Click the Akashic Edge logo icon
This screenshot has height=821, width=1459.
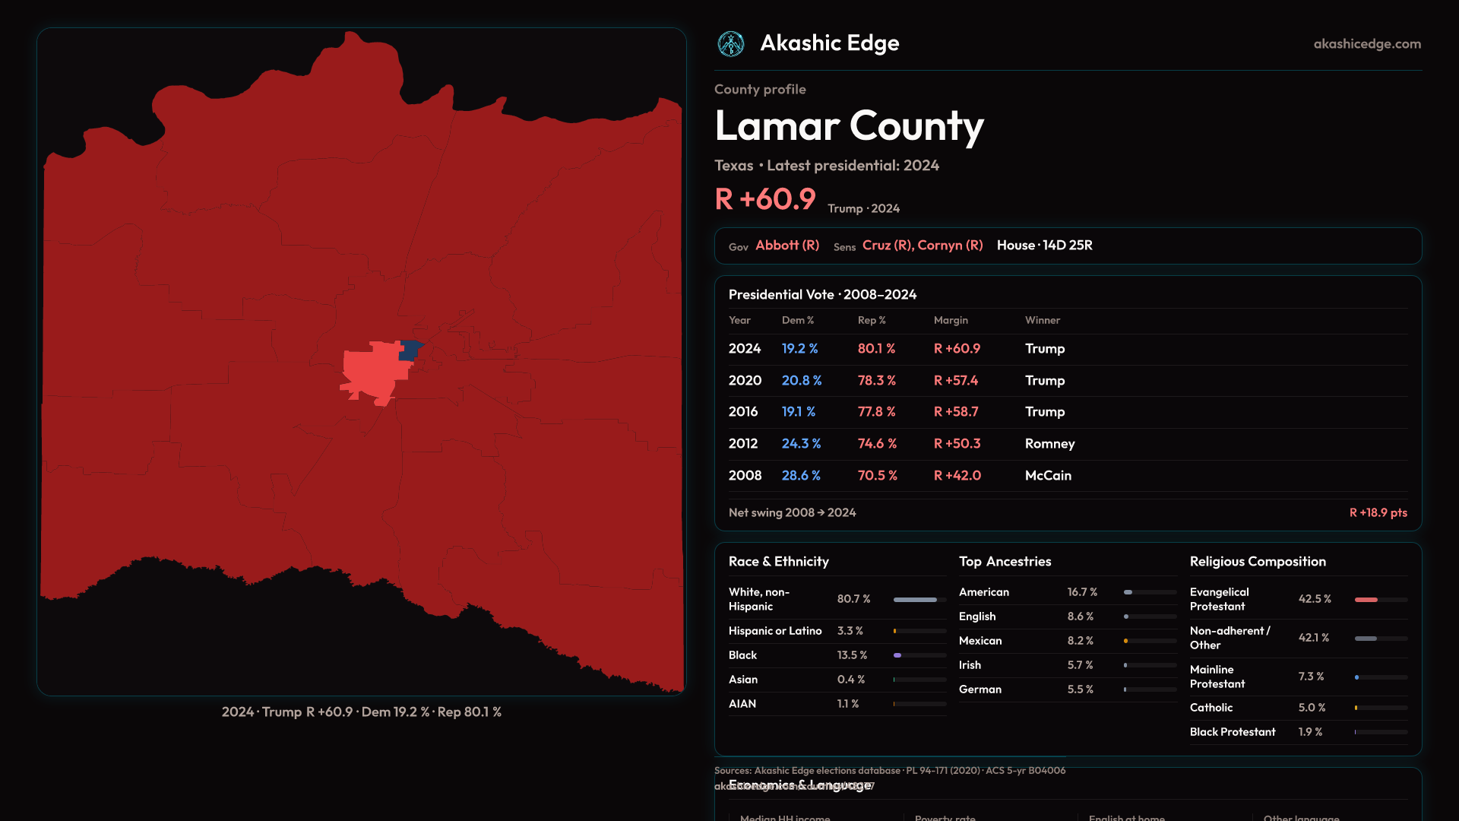[731, 44]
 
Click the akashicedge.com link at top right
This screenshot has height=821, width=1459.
[1367, 44]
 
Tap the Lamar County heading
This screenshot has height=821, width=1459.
[849, 126]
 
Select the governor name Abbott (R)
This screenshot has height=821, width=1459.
[787, 246]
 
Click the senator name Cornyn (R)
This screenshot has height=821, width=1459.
[950, 246]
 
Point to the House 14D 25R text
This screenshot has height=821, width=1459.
[1044, 246]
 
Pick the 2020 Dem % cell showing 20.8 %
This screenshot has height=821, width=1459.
[801, 381]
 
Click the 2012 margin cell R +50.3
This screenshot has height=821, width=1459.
[957, 444]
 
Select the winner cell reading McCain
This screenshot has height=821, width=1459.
[1048, 476]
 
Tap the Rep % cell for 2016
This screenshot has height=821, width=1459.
[876, 412]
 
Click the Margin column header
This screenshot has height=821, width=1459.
[951, 321]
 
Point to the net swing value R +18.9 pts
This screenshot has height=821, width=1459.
[1378, 513]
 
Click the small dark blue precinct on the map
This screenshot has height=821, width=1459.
[410, 350]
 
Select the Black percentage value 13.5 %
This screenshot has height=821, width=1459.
[852, 655]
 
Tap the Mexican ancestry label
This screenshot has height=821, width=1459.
[980, 641]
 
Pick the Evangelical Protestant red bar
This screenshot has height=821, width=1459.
[1366, 600]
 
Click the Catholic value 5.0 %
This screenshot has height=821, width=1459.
[1312, 708]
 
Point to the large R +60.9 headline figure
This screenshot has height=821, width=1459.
[764, 199]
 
